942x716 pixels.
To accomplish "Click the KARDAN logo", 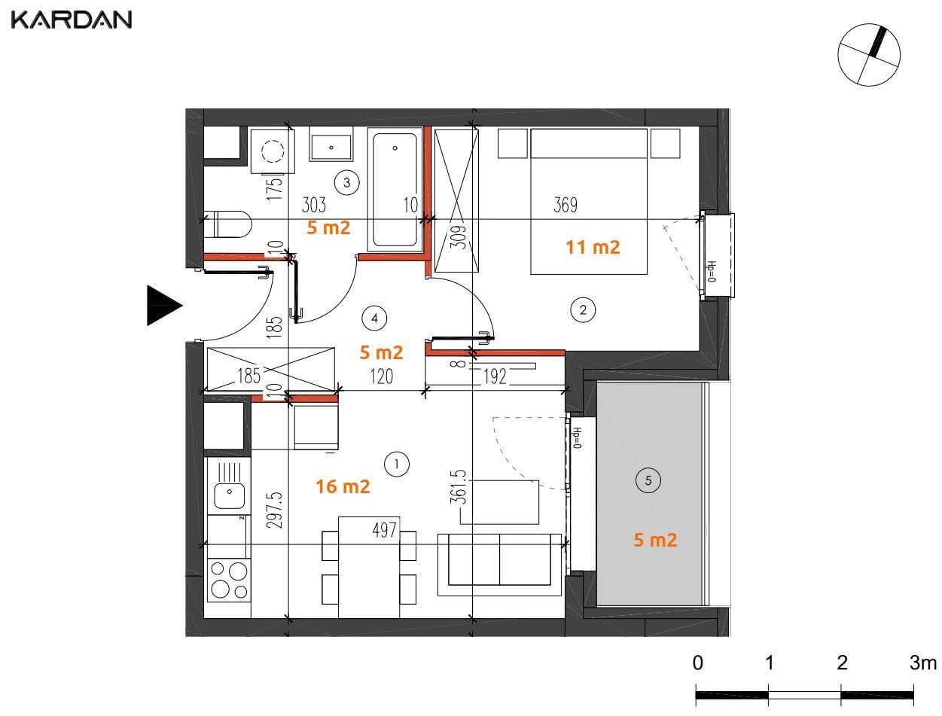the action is (72, 20).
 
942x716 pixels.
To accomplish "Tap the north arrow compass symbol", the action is (869, 55).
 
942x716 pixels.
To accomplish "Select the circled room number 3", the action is (347, 183).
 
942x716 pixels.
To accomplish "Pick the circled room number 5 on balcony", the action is (648, 480).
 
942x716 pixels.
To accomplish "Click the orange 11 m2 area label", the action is (593, 247).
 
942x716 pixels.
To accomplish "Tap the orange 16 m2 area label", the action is (343, 486).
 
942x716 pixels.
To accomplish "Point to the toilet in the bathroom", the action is (227, 224).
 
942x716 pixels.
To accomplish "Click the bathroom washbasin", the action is (331, 148).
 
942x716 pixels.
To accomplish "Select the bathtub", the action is (395, 190).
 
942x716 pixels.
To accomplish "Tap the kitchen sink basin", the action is (230, 496).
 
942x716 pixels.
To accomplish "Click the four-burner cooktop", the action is (229, 580).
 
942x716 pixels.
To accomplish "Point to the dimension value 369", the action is (566, 205).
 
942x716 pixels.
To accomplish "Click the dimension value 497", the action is (385, 529).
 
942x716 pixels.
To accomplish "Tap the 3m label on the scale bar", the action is (923, 663).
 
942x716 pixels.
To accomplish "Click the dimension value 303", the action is (314, 205).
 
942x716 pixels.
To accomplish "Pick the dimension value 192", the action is (495, 376).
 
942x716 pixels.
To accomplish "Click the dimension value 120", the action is (382, 376).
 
